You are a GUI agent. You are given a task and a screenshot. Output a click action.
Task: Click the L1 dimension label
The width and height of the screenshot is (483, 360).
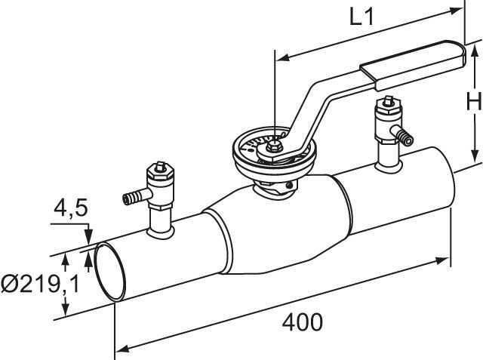tap(361, 17)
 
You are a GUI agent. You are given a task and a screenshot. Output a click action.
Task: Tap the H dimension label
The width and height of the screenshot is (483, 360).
tap(474, 101)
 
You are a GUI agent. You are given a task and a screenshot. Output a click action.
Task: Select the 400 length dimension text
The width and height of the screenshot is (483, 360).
tap(303, 322)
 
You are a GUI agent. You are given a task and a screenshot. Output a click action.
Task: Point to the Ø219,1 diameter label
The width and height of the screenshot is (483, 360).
tap(40, 284)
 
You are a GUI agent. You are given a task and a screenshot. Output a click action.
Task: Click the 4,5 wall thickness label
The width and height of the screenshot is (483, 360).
tap(71, 208)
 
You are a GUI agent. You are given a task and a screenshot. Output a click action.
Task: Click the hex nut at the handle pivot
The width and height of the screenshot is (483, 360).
tap(273, 147)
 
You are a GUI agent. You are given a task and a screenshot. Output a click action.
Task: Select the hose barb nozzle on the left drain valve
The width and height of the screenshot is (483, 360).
tap(134, 197)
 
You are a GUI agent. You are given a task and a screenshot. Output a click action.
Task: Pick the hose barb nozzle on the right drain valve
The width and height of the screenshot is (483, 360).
tap(402, 135)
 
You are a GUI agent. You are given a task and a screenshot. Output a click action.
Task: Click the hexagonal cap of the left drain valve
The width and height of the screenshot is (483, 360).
tap(160, 174)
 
